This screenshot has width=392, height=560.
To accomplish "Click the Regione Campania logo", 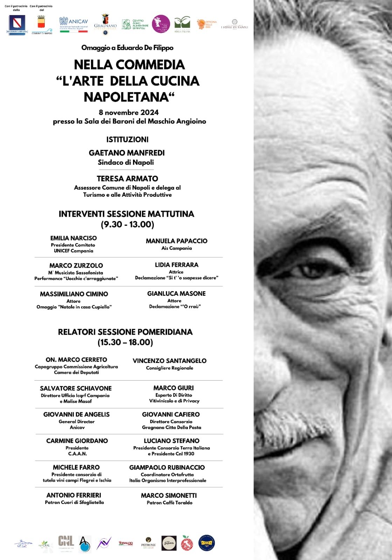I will pos(17,24).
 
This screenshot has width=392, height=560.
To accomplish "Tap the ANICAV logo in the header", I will pos(73,24).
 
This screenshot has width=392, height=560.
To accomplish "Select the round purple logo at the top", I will pos(161,24).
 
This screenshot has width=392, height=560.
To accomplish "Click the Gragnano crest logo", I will pos(105,24).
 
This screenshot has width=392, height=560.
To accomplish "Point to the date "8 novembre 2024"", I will pos(128,112).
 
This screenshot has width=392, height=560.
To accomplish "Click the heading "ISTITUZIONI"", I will pos(127,139).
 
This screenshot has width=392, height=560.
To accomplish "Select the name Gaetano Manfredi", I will pos(127,153).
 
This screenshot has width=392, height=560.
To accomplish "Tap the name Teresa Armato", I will pos(127,178).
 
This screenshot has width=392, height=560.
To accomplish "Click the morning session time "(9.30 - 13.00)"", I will pos(127,224).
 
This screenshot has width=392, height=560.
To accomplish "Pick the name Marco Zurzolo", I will pos(76,265).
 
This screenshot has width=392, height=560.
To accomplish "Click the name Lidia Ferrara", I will pos(176,265).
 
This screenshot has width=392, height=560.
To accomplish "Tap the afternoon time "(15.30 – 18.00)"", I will pos(125,342).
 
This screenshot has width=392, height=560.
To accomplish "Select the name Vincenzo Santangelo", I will pos(169,360).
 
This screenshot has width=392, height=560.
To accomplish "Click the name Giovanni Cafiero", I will pos(171,414).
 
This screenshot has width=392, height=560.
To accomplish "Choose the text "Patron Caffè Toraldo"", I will pos(169,503).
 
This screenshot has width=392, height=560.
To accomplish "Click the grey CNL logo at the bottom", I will pos(66,542).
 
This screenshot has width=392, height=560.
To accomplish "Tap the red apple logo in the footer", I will pos(187,543).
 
